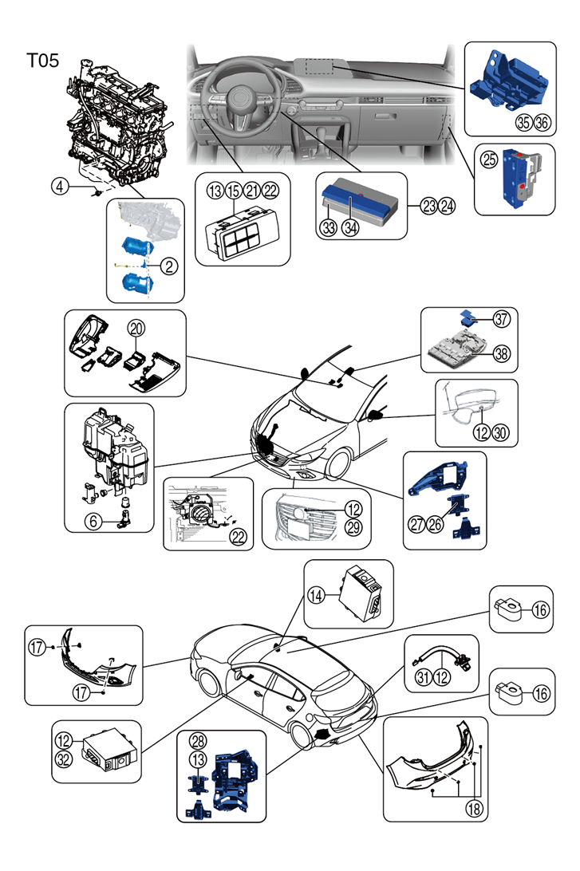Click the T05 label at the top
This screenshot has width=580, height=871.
pos(43,60)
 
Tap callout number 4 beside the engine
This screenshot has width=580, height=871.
pos(61,186)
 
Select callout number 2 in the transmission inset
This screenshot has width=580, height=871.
pos(169,266)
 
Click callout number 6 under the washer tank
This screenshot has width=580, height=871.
pos(93,521)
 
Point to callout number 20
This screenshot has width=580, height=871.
pos(136,329)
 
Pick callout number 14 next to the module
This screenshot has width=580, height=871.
pos(316,596)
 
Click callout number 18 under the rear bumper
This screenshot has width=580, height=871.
pos(474,808)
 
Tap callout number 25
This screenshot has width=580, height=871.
pos(489,160)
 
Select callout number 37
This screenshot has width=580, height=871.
pos(501,319)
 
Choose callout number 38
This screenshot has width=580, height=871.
pos(501,353)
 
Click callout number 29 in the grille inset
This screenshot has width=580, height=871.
pos(354,526)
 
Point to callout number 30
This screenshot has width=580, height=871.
pos(500,432)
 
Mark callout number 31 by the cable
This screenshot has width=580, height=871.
pos(424,676)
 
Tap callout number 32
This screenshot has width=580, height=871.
pos(64,759)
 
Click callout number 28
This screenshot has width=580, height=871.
pos(199,740)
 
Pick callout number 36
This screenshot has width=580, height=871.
pos(543,122)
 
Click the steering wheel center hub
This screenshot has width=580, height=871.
pos(241,98)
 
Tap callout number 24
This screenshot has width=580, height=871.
pos(447,206)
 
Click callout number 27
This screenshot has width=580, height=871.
pos(417,524)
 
